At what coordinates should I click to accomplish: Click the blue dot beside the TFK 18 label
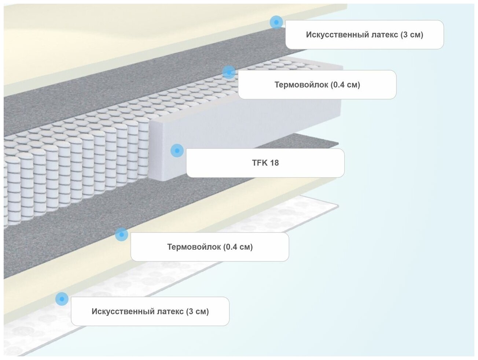click(177, 151)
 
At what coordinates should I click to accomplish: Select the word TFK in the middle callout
click(259, 163)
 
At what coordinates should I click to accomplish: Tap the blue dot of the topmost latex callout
click(276, 22)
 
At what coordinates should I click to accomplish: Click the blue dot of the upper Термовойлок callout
click(228, 72)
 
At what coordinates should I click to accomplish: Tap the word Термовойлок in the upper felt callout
click(301, 85)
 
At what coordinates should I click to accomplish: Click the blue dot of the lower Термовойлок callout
click(121, 234)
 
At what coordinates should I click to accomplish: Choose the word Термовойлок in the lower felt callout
click(194, 247)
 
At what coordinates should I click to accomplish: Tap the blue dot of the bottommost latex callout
click(62, 299)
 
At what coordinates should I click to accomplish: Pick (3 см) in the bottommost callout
click(198, 312)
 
